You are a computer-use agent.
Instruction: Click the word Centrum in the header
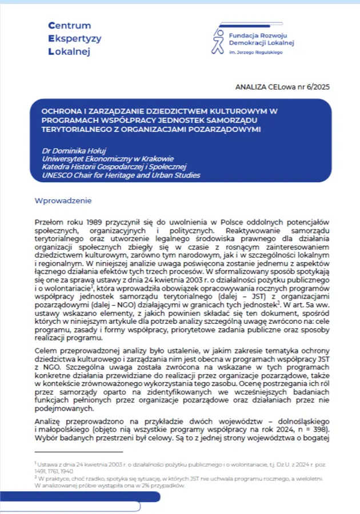(70, 26)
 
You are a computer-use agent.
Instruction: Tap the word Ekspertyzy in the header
(75, 39)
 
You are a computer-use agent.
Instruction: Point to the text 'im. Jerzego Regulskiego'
(252, 52)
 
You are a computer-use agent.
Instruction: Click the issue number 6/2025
(317, 87)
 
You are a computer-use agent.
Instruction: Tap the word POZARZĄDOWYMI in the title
(226, 129)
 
